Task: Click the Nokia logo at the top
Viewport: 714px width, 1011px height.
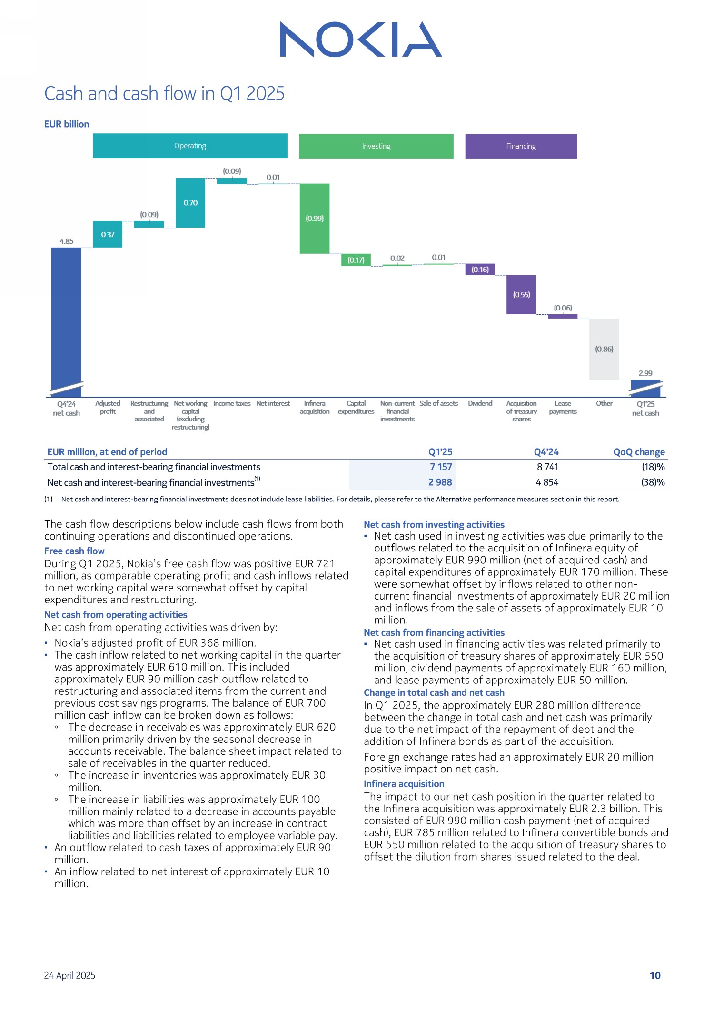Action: (360, 40)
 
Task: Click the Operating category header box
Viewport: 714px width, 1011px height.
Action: (190, 146)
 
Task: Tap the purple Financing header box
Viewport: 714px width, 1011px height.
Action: (521, 146)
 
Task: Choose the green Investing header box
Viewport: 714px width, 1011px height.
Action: (376, 146)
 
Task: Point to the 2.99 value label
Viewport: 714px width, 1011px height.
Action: (645, 373)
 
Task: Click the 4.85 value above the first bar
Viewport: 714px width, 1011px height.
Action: (66, 241)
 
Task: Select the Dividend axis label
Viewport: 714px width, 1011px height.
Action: (480, 404)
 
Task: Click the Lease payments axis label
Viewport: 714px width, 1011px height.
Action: (563, 408)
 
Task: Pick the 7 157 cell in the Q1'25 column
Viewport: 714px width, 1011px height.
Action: (441, 467)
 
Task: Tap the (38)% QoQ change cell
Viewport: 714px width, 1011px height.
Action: (653, 482)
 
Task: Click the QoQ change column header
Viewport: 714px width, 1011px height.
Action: (639, 452)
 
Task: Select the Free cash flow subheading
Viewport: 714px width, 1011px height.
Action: (74, 551)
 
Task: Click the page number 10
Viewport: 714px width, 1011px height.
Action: (655, 975)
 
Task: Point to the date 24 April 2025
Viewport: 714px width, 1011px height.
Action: (69, 975)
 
